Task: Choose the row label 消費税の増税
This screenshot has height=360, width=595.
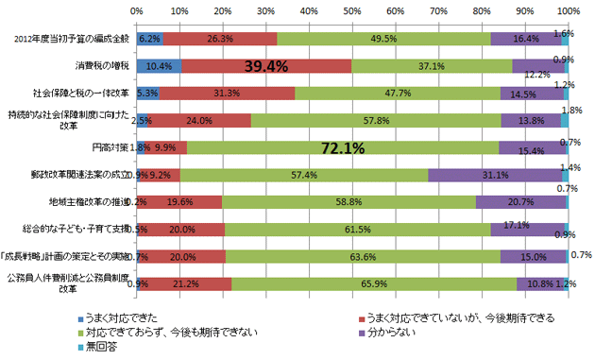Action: point(103,66)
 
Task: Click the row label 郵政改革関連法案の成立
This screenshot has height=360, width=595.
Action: point(82,175)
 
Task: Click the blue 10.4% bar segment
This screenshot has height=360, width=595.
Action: point(159,66)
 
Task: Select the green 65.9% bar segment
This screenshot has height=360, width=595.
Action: point(373,283)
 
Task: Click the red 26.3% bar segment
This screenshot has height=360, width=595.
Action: point(219,39)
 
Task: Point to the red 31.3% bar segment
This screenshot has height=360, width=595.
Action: point(227,94)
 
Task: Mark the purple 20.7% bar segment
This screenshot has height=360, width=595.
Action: point(520,201)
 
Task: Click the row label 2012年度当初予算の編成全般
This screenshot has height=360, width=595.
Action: point(77,39)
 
